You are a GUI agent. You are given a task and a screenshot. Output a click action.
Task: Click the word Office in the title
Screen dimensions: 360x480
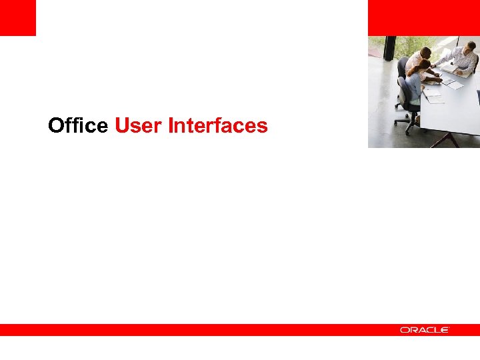(x=77, y=125)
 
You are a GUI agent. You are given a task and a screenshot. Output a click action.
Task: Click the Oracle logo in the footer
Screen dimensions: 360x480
(x=425, y=330)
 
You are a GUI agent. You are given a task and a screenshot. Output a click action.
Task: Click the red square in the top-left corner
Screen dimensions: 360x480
(x=17, y=17)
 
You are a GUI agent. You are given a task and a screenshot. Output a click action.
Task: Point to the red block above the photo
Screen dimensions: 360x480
(x=423, y=17)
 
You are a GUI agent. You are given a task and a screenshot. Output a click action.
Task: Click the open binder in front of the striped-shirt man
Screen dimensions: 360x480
(x=459, y=70)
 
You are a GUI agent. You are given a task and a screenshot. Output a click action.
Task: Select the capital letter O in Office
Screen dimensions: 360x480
(x=55, y=125)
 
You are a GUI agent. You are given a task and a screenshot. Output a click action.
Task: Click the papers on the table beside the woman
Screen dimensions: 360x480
(x=434, y=97)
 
